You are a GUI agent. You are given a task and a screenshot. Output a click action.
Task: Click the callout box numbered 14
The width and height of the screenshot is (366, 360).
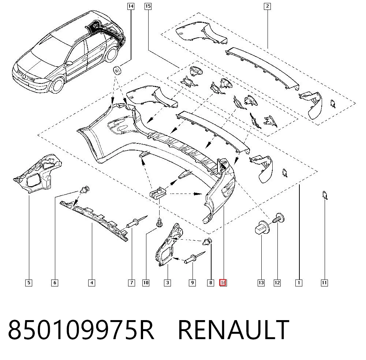(131, 6)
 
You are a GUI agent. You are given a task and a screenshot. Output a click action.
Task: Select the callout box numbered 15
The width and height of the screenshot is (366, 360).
(148, 6)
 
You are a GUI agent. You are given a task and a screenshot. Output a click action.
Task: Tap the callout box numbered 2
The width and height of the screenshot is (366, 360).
(267, 6)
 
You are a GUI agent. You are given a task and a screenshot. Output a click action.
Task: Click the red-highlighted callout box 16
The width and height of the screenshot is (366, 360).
(223, 283)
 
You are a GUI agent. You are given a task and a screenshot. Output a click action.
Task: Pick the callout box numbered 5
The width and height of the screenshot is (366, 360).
(29, 283)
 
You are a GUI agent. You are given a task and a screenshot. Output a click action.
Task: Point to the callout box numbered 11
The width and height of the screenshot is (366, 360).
(324, 283)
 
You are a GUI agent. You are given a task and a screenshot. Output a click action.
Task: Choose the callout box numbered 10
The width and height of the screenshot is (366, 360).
(146, 283)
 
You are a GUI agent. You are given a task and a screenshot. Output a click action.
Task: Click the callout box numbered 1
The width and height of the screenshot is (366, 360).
(299, 283)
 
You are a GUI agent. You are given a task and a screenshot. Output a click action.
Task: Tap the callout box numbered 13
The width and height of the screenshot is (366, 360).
(261, 283)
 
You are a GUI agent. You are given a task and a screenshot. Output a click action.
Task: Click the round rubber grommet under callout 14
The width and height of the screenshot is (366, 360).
(117, 70)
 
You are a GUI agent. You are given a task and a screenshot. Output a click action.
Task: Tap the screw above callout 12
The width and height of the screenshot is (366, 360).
(278, 218)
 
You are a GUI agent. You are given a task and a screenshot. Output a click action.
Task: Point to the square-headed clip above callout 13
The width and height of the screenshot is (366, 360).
(262, 227)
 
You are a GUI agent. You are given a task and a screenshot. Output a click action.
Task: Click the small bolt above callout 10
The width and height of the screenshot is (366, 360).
(160, 222)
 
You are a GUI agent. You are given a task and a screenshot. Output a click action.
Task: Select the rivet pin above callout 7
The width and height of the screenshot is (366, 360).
(137, 222)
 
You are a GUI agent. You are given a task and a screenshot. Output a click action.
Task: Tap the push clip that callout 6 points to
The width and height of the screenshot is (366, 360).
(85, 189)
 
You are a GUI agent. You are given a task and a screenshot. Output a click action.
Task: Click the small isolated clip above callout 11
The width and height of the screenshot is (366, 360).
(325, 195)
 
